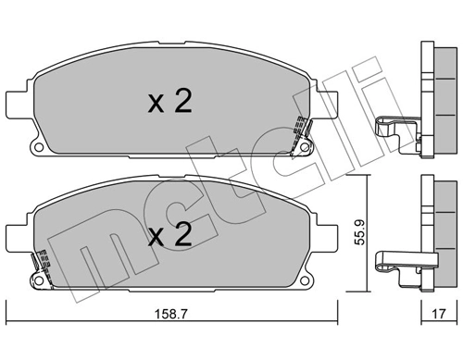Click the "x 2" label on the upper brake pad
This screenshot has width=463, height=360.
[x=169, y=103]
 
